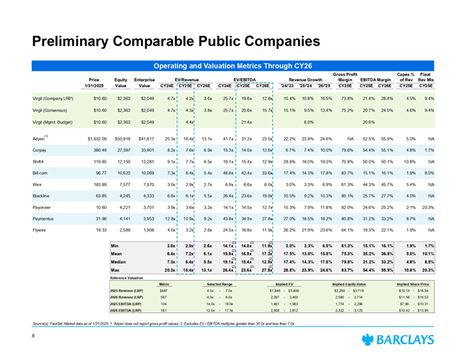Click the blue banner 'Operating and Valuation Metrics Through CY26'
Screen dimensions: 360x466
pos(233,67)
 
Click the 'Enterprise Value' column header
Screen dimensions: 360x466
pos(144,83)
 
